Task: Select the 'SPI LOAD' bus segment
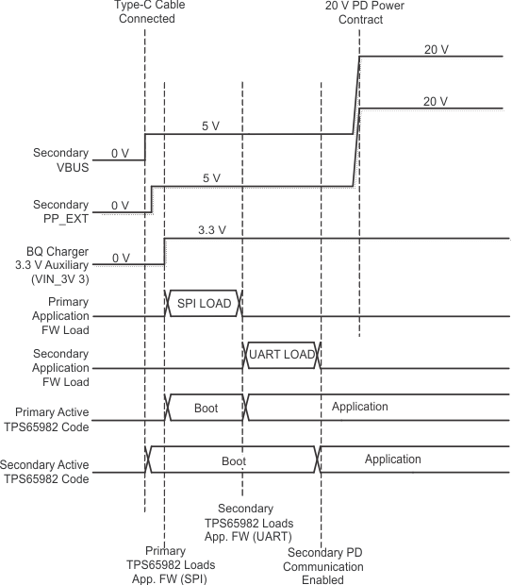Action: click(x=203, y=303)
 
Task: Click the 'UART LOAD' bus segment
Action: click(x=282, y=354)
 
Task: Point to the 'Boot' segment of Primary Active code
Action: click(x=206, y=407)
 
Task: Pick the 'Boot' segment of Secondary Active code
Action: click(x=233, y=460)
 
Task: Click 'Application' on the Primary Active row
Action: click(x=359, y=407)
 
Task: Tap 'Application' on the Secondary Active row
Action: click(x=392, y=460)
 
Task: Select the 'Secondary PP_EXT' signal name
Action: click(x=60, y=211)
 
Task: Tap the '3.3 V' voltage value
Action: click(x=211, y=229)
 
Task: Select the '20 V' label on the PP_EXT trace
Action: click(x=435, y=101)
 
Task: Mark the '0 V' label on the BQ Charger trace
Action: click(x=120, y=257)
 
